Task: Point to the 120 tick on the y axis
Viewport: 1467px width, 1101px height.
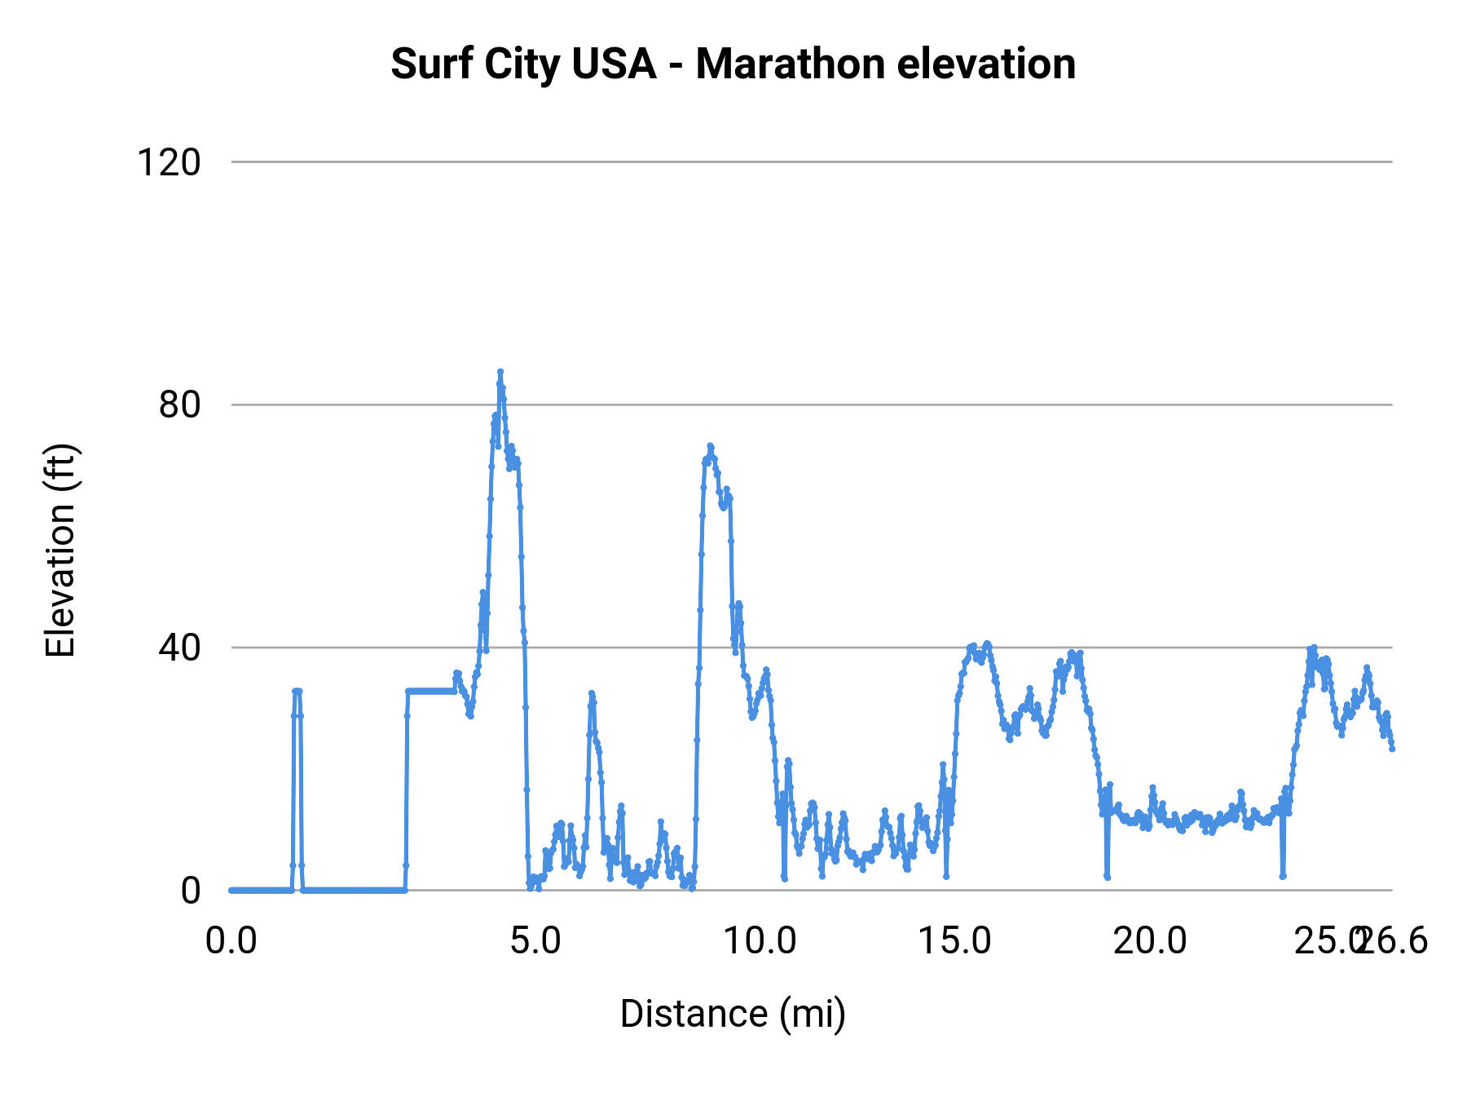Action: [169, 162]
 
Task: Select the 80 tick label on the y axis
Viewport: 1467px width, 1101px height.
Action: [179, 405]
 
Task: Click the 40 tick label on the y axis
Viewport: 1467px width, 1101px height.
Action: [179, 648]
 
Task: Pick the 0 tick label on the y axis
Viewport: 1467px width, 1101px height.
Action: [190, 890]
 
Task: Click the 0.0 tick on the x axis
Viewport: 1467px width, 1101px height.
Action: [231, 941]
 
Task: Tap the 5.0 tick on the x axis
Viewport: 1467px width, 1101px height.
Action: [535, 941]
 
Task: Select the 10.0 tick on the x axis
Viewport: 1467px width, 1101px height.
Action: [760, 941]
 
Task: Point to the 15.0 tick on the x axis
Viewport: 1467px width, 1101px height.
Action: [954, 941]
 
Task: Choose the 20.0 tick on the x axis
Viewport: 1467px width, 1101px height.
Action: [1150, 941]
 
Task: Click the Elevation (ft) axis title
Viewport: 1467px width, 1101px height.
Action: [60, 550]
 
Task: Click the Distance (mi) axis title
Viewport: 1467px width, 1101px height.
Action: [733, 1014]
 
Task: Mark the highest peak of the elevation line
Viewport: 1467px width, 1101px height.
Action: [500, 372]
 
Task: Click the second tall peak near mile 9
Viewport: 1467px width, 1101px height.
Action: [710, 446]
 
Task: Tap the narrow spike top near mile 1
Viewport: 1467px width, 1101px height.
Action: [297, 691]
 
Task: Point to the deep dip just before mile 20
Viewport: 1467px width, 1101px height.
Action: [1107, 877]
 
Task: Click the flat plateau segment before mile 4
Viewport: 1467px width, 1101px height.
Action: [430, 691]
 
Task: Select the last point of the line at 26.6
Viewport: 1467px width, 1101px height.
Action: [1392, 748]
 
